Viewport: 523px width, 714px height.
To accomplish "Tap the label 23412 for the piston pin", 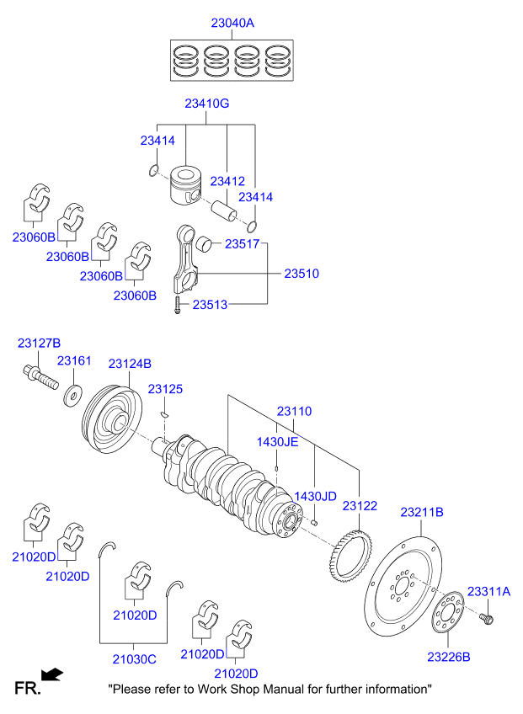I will click(227, 181).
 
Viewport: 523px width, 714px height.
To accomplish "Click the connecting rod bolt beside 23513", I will click(178, 306).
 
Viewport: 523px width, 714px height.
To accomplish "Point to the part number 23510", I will click(301, 274).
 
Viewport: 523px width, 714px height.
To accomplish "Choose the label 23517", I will click(242, 244).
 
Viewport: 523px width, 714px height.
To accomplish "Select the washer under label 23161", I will click(72, 392).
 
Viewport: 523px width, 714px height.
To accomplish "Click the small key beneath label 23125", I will click(166, 413).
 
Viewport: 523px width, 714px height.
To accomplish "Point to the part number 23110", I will click(294, 412).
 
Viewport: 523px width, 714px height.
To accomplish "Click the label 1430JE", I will click(278, 441).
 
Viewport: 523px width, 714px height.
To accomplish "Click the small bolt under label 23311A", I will click(488, 621).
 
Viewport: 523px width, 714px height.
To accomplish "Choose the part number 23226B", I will click(448, 656).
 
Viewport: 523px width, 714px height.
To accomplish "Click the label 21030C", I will click(134, 658).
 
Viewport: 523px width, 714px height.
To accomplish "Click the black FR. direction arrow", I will click(52, 674).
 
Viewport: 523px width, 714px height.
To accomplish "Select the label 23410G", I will click(207, 104).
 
